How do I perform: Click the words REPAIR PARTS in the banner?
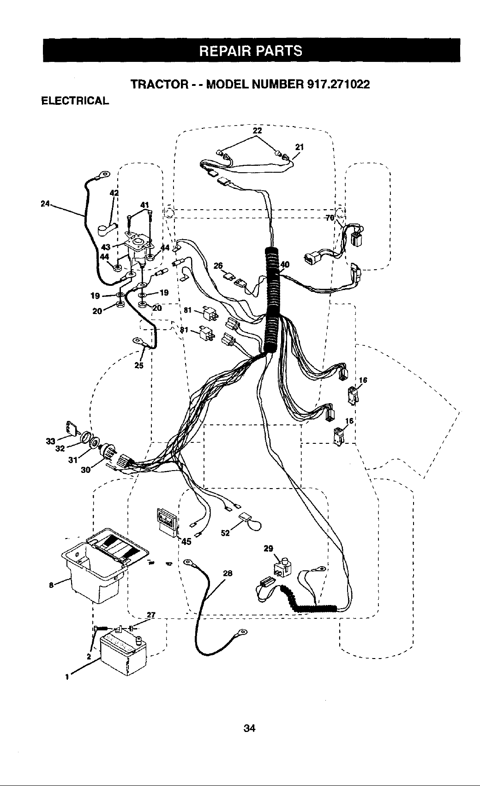(x=250, y=51)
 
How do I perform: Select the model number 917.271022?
(x=338, y=85)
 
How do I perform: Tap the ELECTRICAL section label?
(x=75, y=101)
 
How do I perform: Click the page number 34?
(x=249, y=728)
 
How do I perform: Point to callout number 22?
(x=258, y=131)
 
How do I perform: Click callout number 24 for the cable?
(x=45, y=203)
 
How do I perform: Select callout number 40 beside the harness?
(x=285, y=265)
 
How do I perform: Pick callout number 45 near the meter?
(x=186, y=542)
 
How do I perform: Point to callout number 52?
(x=225, y=533)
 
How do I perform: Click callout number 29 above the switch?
(x=268, y=549)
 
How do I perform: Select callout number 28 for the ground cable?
(x=228, y=574)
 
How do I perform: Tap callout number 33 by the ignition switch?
(x=51, y=441)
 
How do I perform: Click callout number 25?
(x=139, y=365)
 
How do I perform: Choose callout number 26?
(x=218, y=266)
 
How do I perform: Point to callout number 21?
(x=299, y=147)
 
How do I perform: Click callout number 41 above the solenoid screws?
(x=144, y=205)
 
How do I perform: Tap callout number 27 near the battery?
(x=151, y=615)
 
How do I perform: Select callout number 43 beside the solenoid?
(x=106, y=248)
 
